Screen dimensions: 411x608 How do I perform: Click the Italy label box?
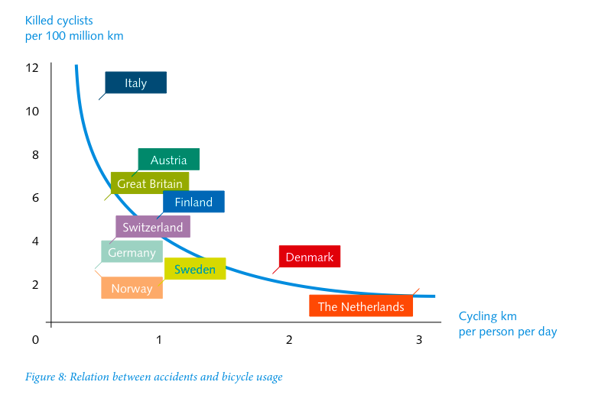[135, 83]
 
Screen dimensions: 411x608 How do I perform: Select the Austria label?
[168, 160]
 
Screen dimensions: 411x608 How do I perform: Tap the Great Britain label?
[149, 183]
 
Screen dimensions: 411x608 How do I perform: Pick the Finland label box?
[193, 202]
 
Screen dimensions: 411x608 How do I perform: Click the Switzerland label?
[153, 227]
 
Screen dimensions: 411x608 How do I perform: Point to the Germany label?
[132, 252]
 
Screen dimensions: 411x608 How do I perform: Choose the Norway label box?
[132, 288]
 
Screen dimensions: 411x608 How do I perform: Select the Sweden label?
[195, 269]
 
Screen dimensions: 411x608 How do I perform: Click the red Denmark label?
[309, 257]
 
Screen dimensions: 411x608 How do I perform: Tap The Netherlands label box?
[361, 306]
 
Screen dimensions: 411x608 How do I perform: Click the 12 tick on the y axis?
[32, 67]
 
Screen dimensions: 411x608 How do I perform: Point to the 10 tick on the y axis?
[32, 111]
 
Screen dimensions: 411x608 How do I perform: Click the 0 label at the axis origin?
[35, 339]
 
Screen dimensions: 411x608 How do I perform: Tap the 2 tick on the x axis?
[289, 339]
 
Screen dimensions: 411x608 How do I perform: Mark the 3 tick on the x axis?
[419, 339]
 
